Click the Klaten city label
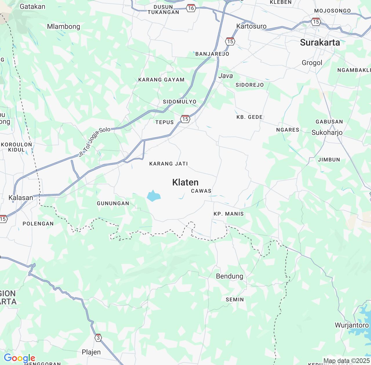click(x=185, y=182)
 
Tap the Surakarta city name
click(x=320, y=42)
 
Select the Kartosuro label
click(x=251, y=26)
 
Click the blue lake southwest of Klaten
click(x=153, y=196)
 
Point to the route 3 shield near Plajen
click(x=98, y=338)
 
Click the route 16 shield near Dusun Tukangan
click(x=191, y=8)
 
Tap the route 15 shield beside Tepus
click(x=185, y=119)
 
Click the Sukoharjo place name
click(x=327, y=132)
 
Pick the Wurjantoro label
click(x=352, y=325)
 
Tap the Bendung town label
click(x=230, y=276)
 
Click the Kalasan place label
click(x=21, y=198)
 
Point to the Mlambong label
click(x=63, y=26)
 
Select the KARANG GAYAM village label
click(x=161, y=80)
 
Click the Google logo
click(x=19, y=358)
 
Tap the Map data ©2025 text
click(x=346, y=361)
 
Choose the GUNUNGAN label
click(x=113, y=203)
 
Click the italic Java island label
click(x=225, y=76)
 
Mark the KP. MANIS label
click(x=229, y=214)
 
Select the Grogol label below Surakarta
click(x=312, y=63)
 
